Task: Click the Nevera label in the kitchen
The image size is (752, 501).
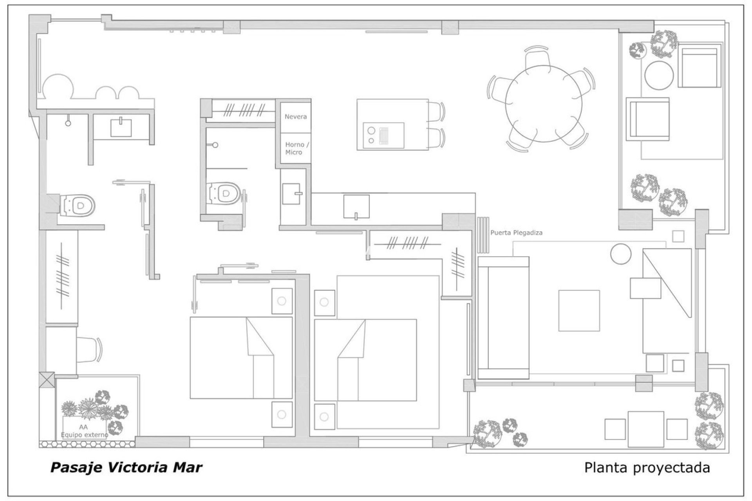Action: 295,117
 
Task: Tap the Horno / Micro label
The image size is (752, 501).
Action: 296,148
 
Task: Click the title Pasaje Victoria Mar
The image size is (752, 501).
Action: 126,467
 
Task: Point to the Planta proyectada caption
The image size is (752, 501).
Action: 647,467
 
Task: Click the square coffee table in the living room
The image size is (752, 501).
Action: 579,310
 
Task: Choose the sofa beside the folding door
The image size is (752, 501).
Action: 503,317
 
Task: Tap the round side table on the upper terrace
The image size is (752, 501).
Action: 659,74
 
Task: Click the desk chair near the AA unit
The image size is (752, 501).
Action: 89,350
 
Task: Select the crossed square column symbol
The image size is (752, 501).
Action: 47,380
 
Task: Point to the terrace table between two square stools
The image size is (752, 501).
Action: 645,429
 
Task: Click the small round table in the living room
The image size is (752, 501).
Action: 621,254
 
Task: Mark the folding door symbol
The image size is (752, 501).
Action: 483,236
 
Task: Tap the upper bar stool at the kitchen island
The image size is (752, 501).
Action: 436,111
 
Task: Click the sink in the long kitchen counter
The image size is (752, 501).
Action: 356,206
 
